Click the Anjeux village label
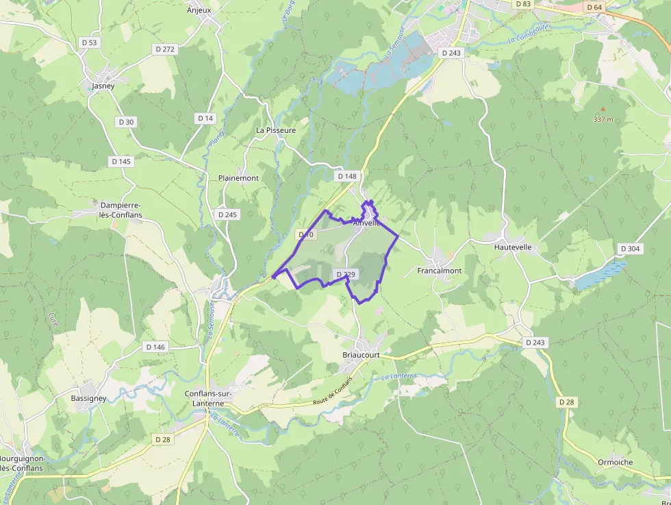(x=199, y=10)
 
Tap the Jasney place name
(x=103, y=86)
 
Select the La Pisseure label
(x=276, y=130)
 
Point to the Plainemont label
(x=238, y=178)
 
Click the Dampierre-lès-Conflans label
(x=121, y=210)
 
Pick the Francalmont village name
(x=440, y=271)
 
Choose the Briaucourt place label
(x=361, y=356)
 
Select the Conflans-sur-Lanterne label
(x=209, y=398)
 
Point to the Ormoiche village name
(x=615, y=462)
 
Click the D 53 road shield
(x=90, y=42)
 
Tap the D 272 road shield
(x=166, y=49)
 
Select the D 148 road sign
(x=347, y=176)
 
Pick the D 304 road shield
(x=630, y=248)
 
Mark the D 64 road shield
(x=594, y=7)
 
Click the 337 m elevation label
(x=603, y=119)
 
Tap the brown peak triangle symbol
(x=603, y=108)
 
